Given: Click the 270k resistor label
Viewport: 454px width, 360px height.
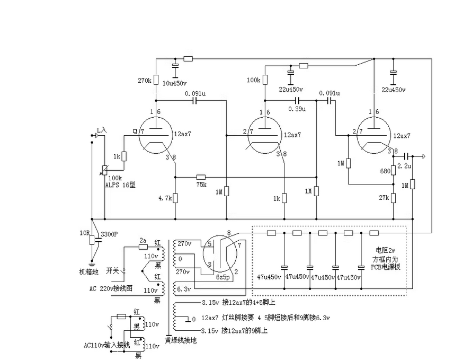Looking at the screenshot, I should [x=145, y=81].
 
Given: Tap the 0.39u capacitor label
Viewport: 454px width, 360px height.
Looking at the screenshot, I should [x=296, y=109].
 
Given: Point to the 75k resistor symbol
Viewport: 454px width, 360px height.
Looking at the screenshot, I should [x=201, y=177].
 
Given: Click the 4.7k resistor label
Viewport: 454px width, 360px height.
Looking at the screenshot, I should [x=165, y=198].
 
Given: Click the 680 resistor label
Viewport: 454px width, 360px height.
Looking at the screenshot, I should [x=385, y=171].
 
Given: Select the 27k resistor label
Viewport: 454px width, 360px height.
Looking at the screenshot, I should [x=384, y=198].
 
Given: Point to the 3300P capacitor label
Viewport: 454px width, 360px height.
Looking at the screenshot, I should [x=110, y=233].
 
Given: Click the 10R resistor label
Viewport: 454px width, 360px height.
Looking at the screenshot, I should [x=84, y=233].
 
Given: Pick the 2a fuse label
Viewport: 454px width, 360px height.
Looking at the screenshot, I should [x=143, y=240].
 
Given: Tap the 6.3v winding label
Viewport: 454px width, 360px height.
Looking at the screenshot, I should [x=184, y=288].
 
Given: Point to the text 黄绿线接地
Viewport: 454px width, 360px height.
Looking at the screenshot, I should [x=181, y=340].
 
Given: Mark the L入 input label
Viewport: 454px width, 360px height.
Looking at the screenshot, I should [x=102, y=129].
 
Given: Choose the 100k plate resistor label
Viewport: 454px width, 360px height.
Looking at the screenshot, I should [x=254, y=81].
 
